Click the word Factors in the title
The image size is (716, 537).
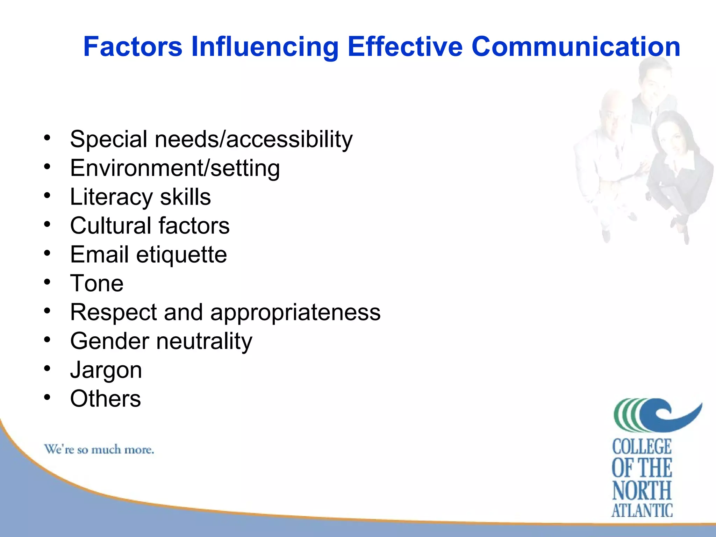(x=133, y=47)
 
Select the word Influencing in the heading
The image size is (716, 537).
(x=265, y=47)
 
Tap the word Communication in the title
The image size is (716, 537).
(x=575, y=47)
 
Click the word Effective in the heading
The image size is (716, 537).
(x=405, y=47)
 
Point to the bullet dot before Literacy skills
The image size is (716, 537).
(x=47, y=195)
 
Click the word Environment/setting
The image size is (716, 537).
(x=175, y=168)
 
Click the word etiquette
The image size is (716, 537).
(x=181, y=255)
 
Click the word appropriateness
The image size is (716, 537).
(x=295, y=312)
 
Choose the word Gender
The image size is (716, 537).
(x=109, y=341)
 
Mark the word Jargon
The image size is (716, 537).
(x=106, y=370)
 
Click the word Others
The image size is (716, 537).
(x=105, y=399)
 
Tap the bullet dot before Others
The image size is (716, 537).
(x=47, y=397)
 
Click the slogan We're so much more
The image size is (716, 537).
(x=99, y=449)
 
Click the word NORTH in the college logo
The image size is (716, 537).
(x=642, y=490)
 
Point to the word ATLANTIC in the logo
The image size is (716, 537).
(x=642, y=510)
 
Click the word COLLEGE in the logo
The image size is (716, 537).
(x=642, y=447)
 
